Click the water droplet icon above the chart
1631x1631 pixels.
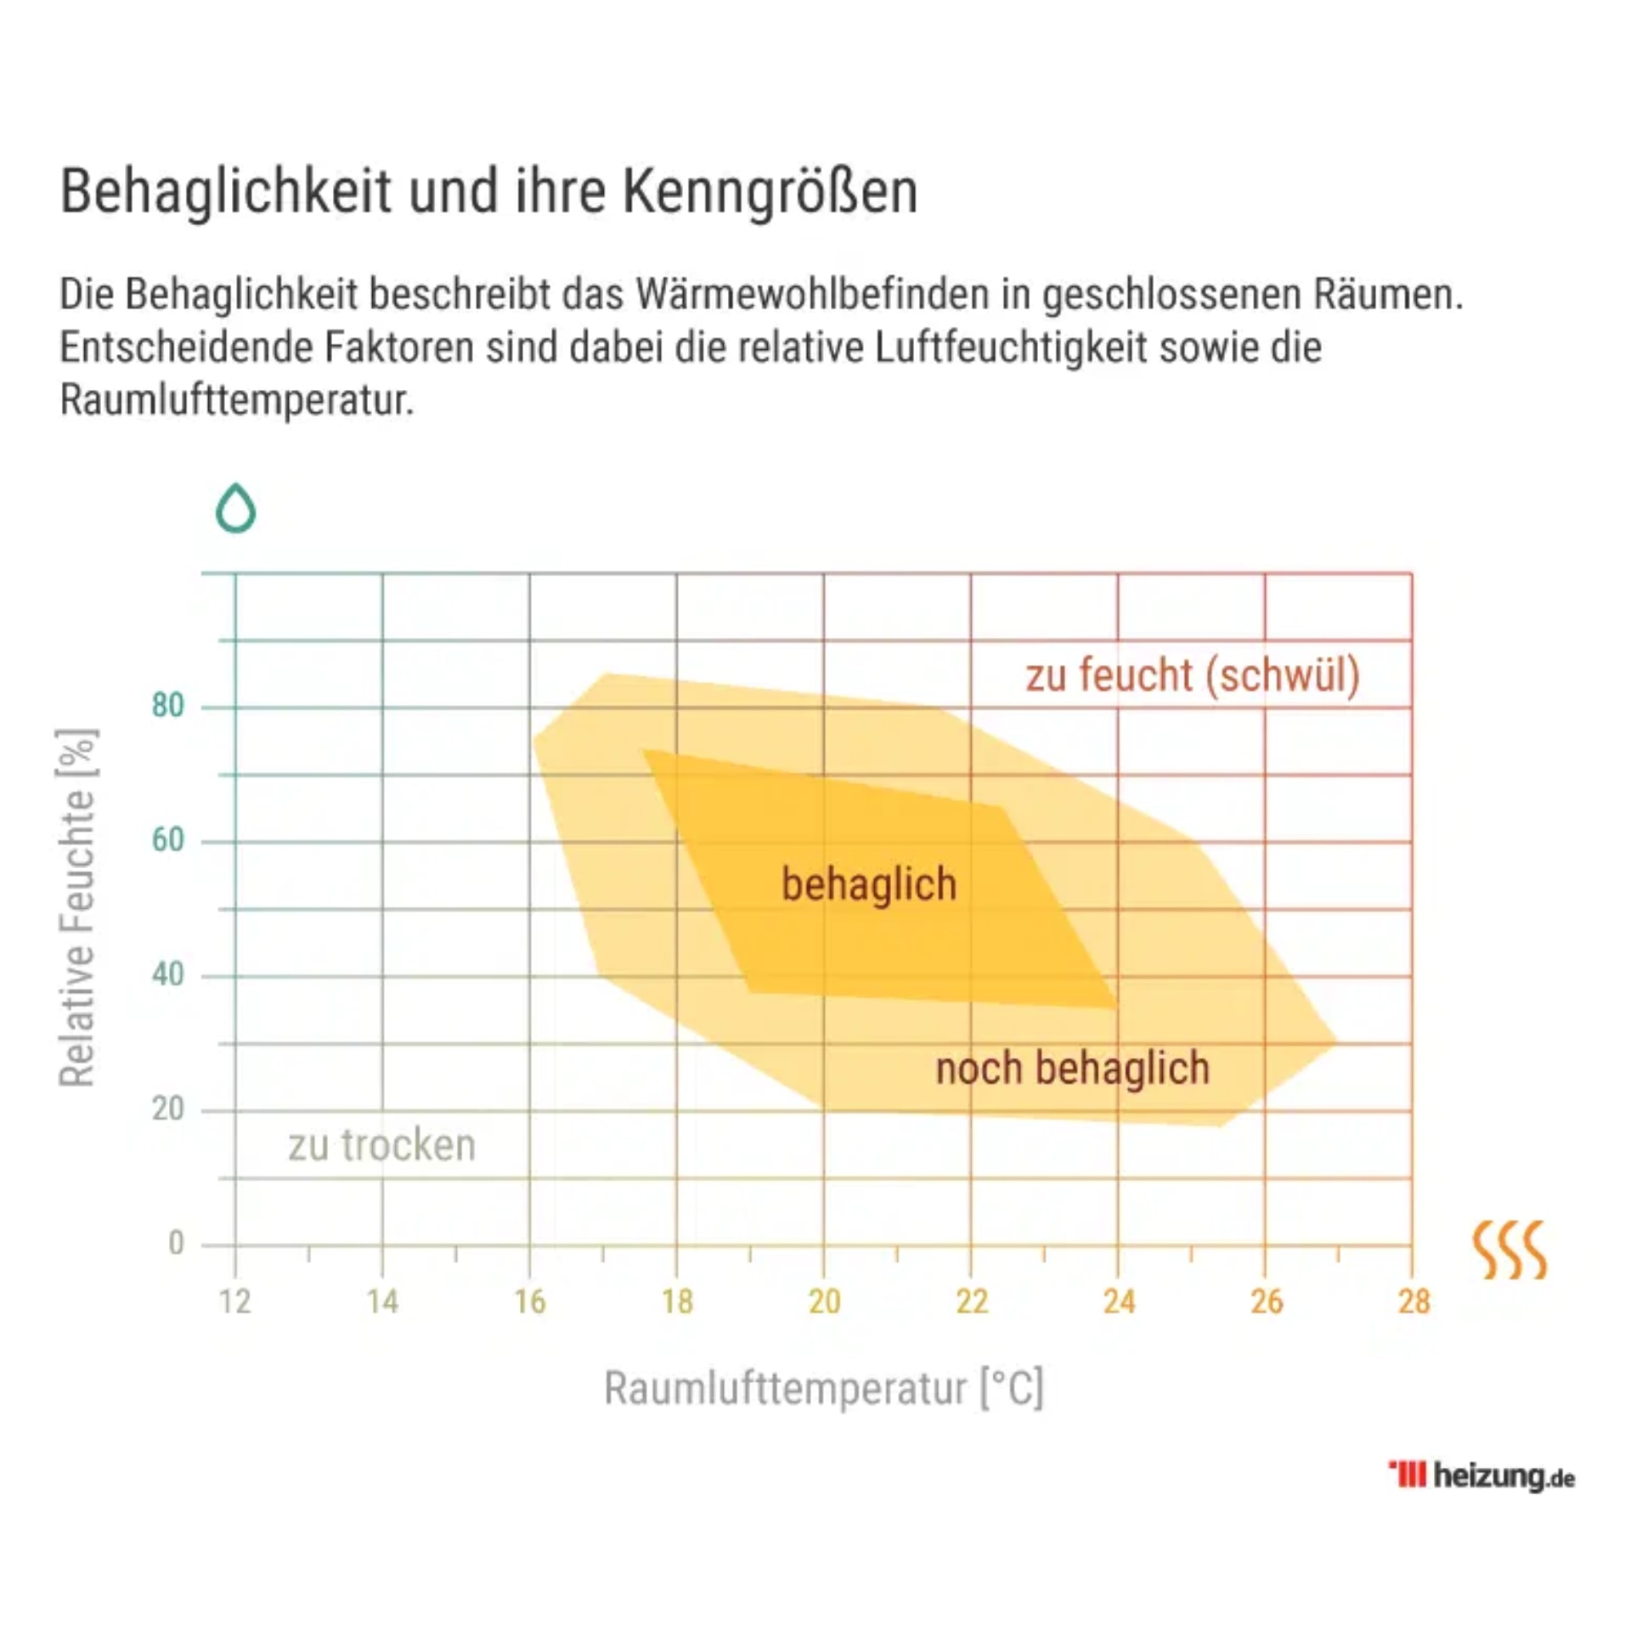(235, 508)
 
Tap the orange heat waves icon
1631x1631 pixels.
(1509, 1250)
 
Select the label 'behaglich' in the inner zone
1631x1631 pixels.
(868, 884)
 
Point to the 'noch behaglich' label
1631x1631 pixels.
(1072, 1068)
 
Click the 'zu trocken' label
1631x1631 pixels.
(381, 1145)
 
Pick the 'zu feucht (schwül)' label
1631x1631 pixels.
(1193, 676)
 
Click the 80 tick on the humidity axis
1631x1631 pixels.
(168, 706)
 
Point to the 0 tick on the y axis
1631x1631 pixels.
(176, 1244)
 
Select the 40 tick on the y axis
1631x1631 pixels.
(168, 974)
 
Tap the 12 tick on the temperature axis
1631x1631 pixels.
(235, 1302)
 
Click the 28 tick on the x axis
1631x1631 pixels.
(1414, 1302)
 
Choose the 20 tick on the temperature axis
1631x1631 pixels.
(824, 1302)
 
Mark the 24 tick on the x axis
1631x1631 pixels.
(1119, 1302)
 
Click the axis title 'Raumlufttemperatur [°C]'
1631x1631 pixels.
(823, 1389)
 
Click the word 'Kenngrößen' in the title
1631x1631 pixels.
(770, 192)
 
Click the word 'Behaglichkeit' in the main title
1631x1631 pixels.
(225, 192)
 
